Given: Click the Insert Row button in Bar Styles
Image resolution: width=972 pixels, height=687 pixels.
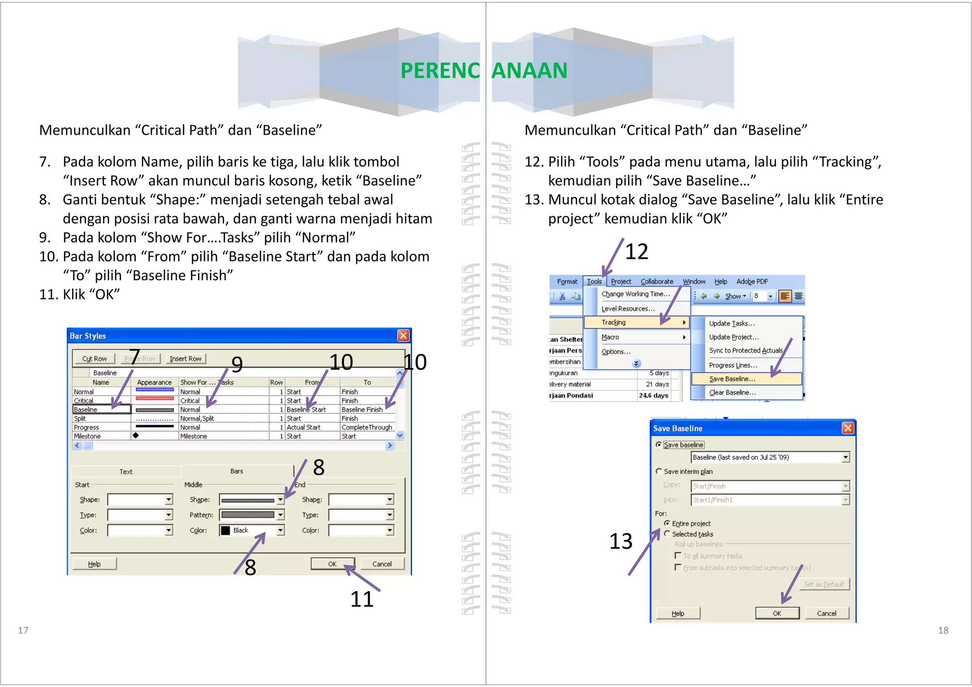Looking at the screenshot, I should [x=185, y=358].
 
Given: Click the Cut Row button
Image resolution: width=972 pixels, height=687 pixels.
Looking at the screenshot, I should [x=94, y=358].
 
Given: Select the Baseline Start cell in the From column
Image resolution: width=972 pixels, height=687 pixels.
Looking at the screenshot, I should [x=307, y=409].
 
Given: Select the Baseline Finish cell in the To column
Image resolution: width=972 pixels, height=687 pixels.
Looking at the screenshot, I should [x=362, y=409].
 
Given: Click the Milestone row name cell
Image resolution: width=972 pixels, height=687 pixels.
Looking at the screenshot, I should [x=88, y=436].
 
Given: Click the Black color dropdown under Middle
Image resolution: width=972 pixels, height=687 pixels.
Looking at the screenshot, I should [x=252, y=530].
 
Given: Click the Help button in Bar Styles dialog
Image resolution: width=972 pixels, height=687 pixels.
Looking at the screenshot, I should [x=94, y=564].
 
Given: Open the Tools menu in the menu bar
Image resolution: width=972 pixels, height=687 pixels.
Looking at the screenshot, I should [x=594, y=282].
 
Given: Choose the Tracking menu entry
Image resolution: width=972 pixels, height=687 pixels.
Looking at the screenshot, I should [x=614, y=322].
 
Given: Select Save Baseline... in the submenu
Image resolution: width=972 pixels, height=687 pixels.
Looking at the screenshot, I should [x=732, y=379].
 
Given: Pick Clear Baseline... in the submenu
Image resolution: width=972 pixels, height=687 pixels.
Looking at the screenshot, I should [x=732, y=393].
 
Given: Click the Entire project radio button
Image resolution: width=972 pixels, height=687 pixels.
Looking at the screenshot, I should [x=667, y=523].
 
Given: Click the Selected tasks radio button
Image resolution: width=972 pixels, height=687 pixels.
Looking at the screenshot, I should [x=667, y=534].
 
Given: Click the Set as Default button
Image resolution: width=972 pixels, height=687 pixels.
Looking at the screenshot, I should [x=824, y=584].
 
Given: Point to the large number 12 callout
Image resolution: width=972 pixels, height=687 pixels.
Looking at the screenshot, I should [x=636, y=252].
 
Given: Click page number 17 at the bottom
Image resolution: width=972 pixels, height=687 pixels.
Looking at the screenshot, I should [x=23, y=630].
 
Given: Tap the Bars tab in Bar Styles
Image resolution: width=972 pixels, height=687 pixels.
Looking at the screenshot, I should [x=237, y=471].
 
